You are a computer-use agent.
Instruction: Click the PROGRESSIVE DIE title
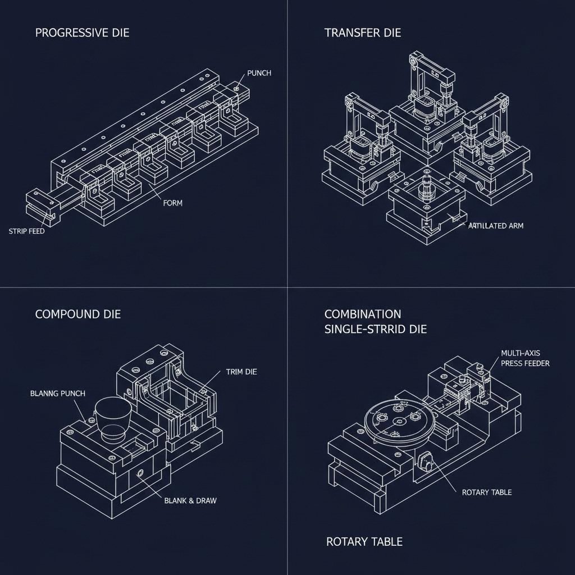pyautogui.click(x=82, y=33)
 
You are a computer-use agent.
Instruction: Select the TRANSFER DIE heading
pyautogui.click(x=363, y=33)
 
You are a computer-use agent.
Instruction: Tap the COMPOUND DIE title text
pyautogui.click(x=77, y=314)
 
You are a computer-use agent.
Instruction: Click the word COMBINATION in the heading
pyautogui.click(x=363, y=314)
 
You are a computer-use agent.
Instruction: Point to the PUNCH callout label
pyautogui.click(x=259, y=74)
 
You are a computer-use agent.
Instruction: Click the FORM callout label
pyautogui.click(x=172, y=203)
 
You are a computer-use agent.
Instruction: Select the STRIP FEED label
pyautogui.click(x=27, y=231)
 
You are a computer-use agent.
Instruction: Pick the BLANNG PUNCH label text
pyautogui.click(x=57, y=394)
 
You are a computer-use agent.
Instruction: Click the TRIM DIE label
pyautogui.click(x=241, y=372)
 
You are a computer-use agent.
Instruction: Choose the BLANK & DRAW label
pyautogui.click(x=190, y=500)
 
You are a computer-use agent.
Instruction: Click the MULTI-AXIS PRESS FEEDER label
pyautogui.click(x=525, y=358)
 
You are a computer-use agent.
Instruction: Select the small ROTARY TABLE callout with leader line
pyautogui.click(x=486, y=492)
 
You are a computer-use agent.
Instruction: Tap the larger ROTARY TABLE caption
pyautogui.click(x=364, y=542)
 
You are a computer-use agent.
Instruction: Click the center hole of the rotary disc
pyautogui.click(x=399, y=421)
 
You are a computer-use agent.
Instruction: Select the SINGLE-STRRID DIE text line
pyautogui.click(x=375, y=329)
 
